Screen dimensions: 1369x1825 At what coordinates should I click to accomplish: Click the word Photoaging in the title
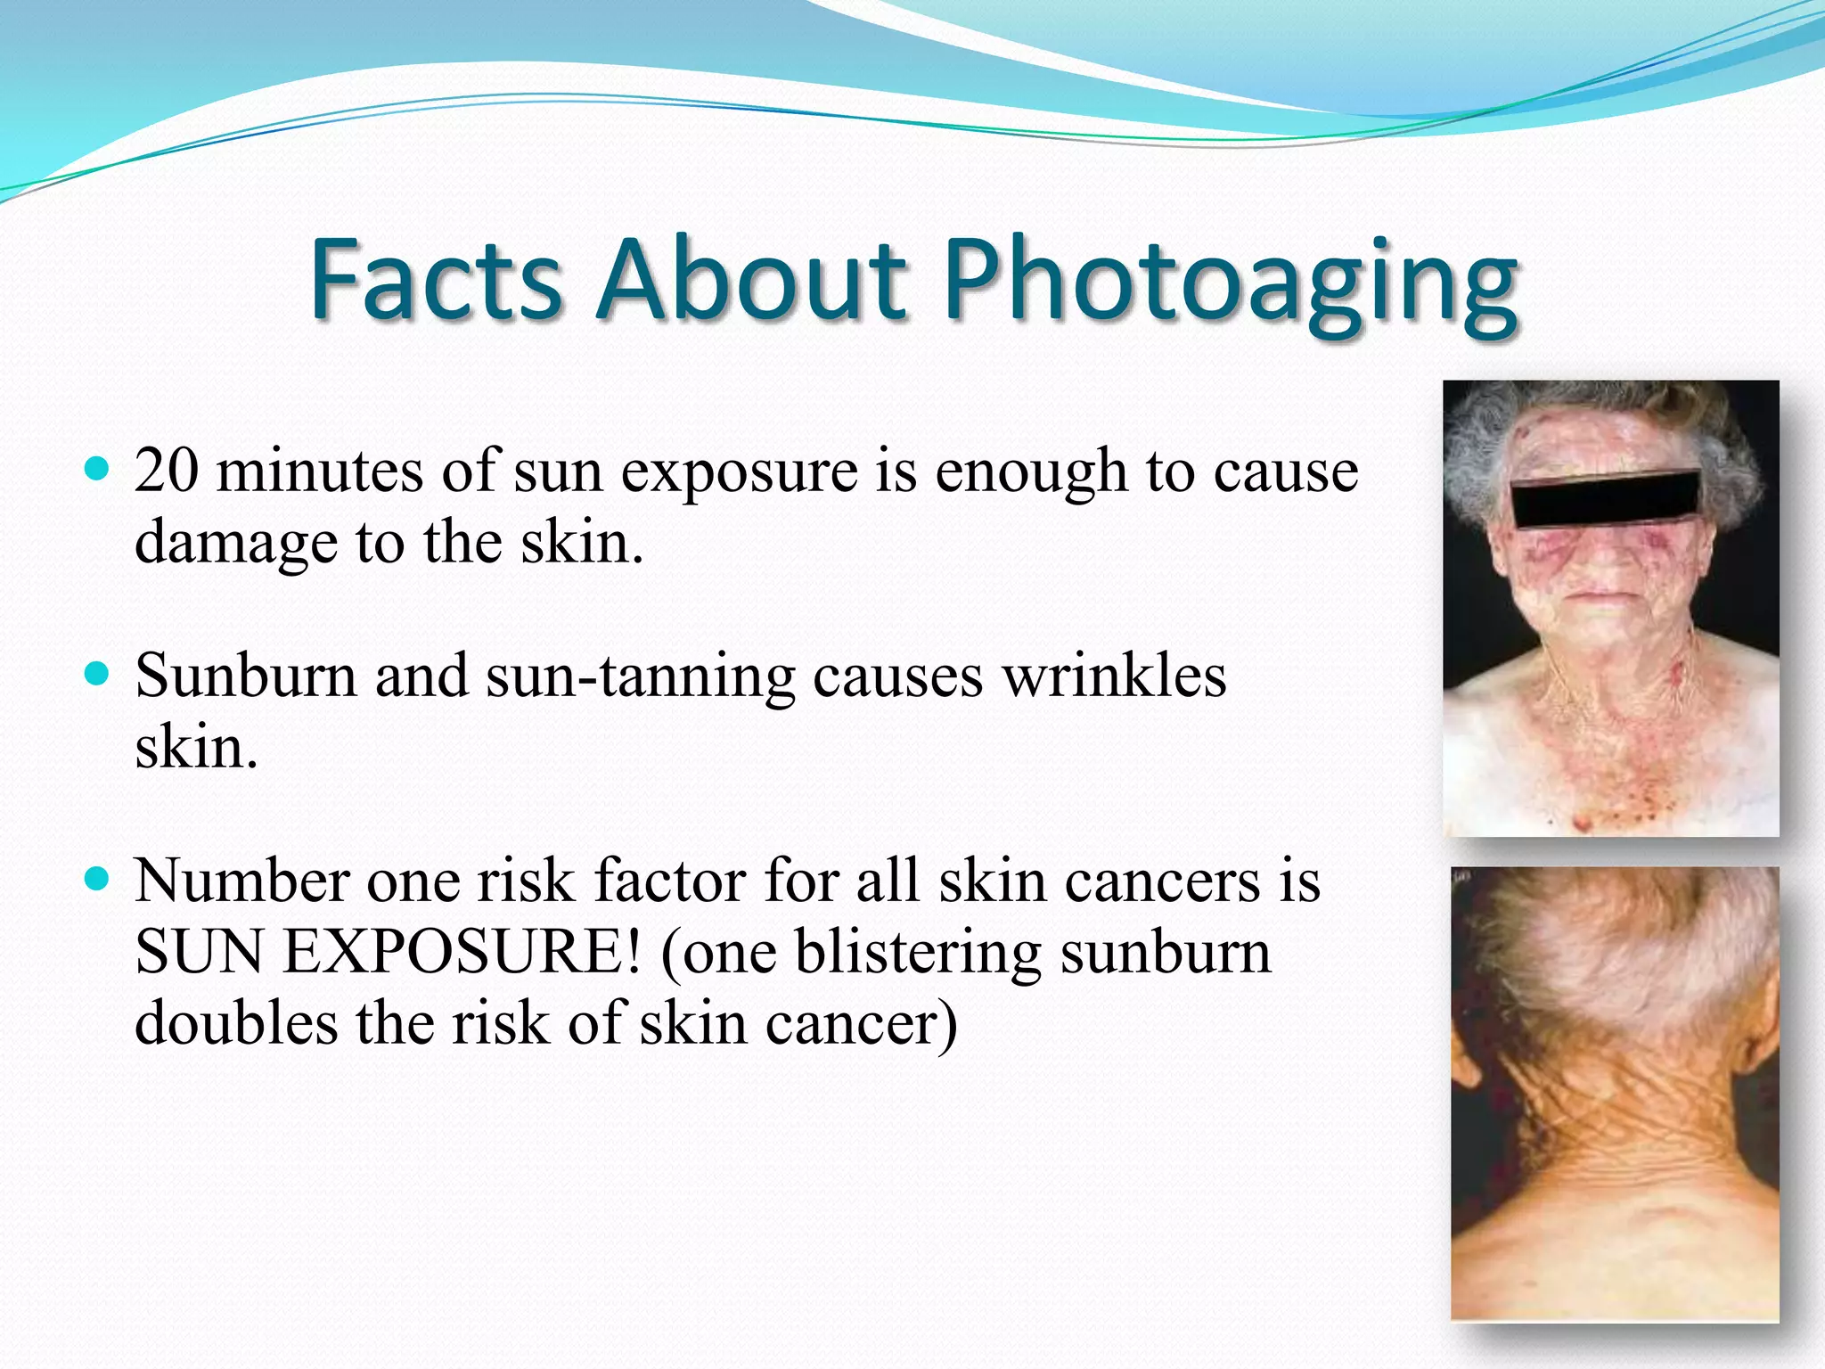click(x=1230, y=281)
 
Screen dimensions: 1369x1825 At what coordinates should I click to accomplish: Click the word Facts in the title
click(x=436, y=281)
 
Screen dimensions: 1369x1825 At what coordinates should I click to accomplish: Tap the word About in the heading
click(x=753, y=281)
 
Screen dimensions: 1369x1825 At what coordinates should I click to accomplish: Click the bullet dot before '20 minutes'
click(x=95, y=468)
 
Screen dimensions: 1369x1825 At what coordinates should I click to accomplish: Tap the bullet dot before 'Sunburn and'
click(x=95, y=673)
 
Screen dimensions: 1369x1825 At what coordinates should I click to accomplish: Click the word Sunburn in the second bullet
click(x=245, y=676)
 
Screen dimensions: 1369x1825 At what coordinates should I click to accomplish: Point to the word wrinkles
click(x=1114, y=676)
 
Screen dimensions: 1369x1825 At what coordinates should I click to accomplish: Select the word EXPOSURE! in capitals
click(x=462, y=952)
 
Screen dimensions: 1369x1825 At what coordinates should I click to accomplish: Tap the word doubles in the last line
click(x=235, y=1022)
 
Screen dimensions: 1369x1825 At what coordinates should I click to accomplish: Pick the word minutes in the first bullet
click(x=320, y=471)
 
